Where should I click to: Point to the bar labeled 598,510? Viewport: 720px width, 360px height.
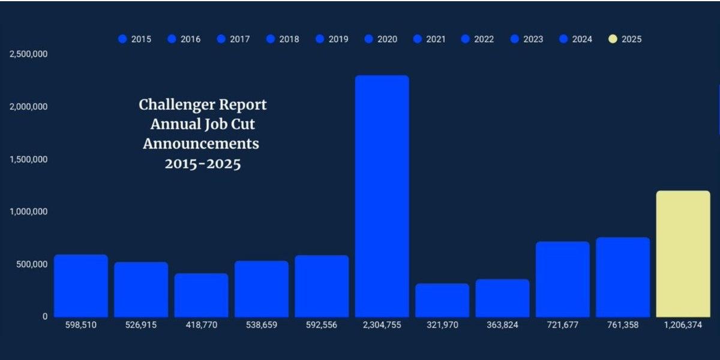[x=81, y=286]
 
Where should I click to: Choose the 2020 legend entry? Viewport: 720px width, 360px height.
[x=380, y=39]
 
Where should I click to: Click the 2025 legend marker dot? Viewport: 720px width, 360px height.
[x=613, y=39]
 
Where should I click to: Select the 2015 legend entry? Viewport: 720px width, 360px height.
[x=134, y=39]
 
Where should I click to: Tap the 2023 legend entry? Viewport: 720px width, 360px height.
[x=527, y=39]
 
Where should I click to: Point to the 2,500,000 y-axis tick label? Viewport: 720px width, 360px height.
[x=28, y=54]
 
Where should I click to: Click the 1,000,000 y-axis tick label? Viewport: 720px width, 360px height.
[x=28, y=212]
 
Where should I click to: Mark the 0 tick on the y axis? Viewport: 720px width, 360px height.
[x=44, y=316]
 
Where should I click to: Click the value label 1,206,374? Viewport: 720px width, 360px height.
[x=683, y=325]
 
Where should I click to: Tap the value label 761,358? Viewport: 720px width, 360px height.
[x=622, y=325]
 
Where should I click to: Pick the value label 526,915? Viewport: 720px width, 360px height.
[x=141, y=325]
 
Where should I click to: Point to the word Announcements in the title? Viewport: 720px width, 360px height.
[x=201, y=144]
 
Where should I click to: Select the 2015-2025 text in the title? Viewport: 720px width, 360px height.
[x=203, y=164]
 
